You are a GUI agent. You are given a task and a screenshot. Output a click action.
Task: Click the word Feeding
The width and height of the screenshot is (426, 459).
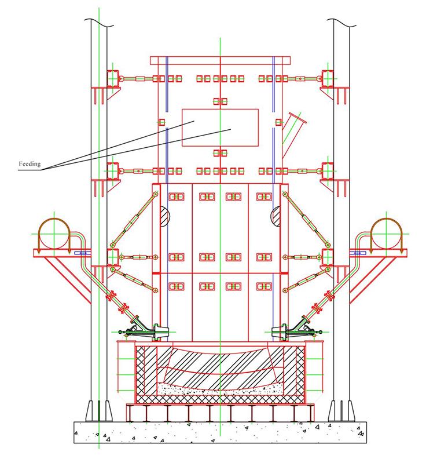[29, 164]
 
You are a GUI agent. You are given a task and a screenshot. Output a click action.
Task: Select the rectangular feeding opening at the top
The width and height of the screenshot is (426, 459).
[220, 127]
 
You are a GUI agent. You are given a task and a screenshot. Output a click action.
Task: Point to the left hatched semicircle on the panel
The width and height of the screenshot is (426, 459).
[164, 216]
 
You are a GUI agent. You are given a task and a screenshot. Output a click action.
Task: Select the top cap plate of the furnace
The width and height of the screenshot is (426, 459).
[219, 61]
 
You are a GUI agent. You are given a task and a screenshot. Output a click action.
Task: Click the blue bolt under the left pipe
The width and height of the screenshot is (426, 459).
[80, 253]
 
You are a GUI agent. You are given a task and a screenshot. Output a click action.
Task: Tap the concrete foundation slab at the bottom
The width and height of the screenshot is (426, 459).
[219, 431]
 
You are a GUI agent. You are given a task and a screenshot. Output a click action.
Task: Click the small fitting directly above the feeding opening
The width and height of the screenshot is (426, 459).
[219, 101]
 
